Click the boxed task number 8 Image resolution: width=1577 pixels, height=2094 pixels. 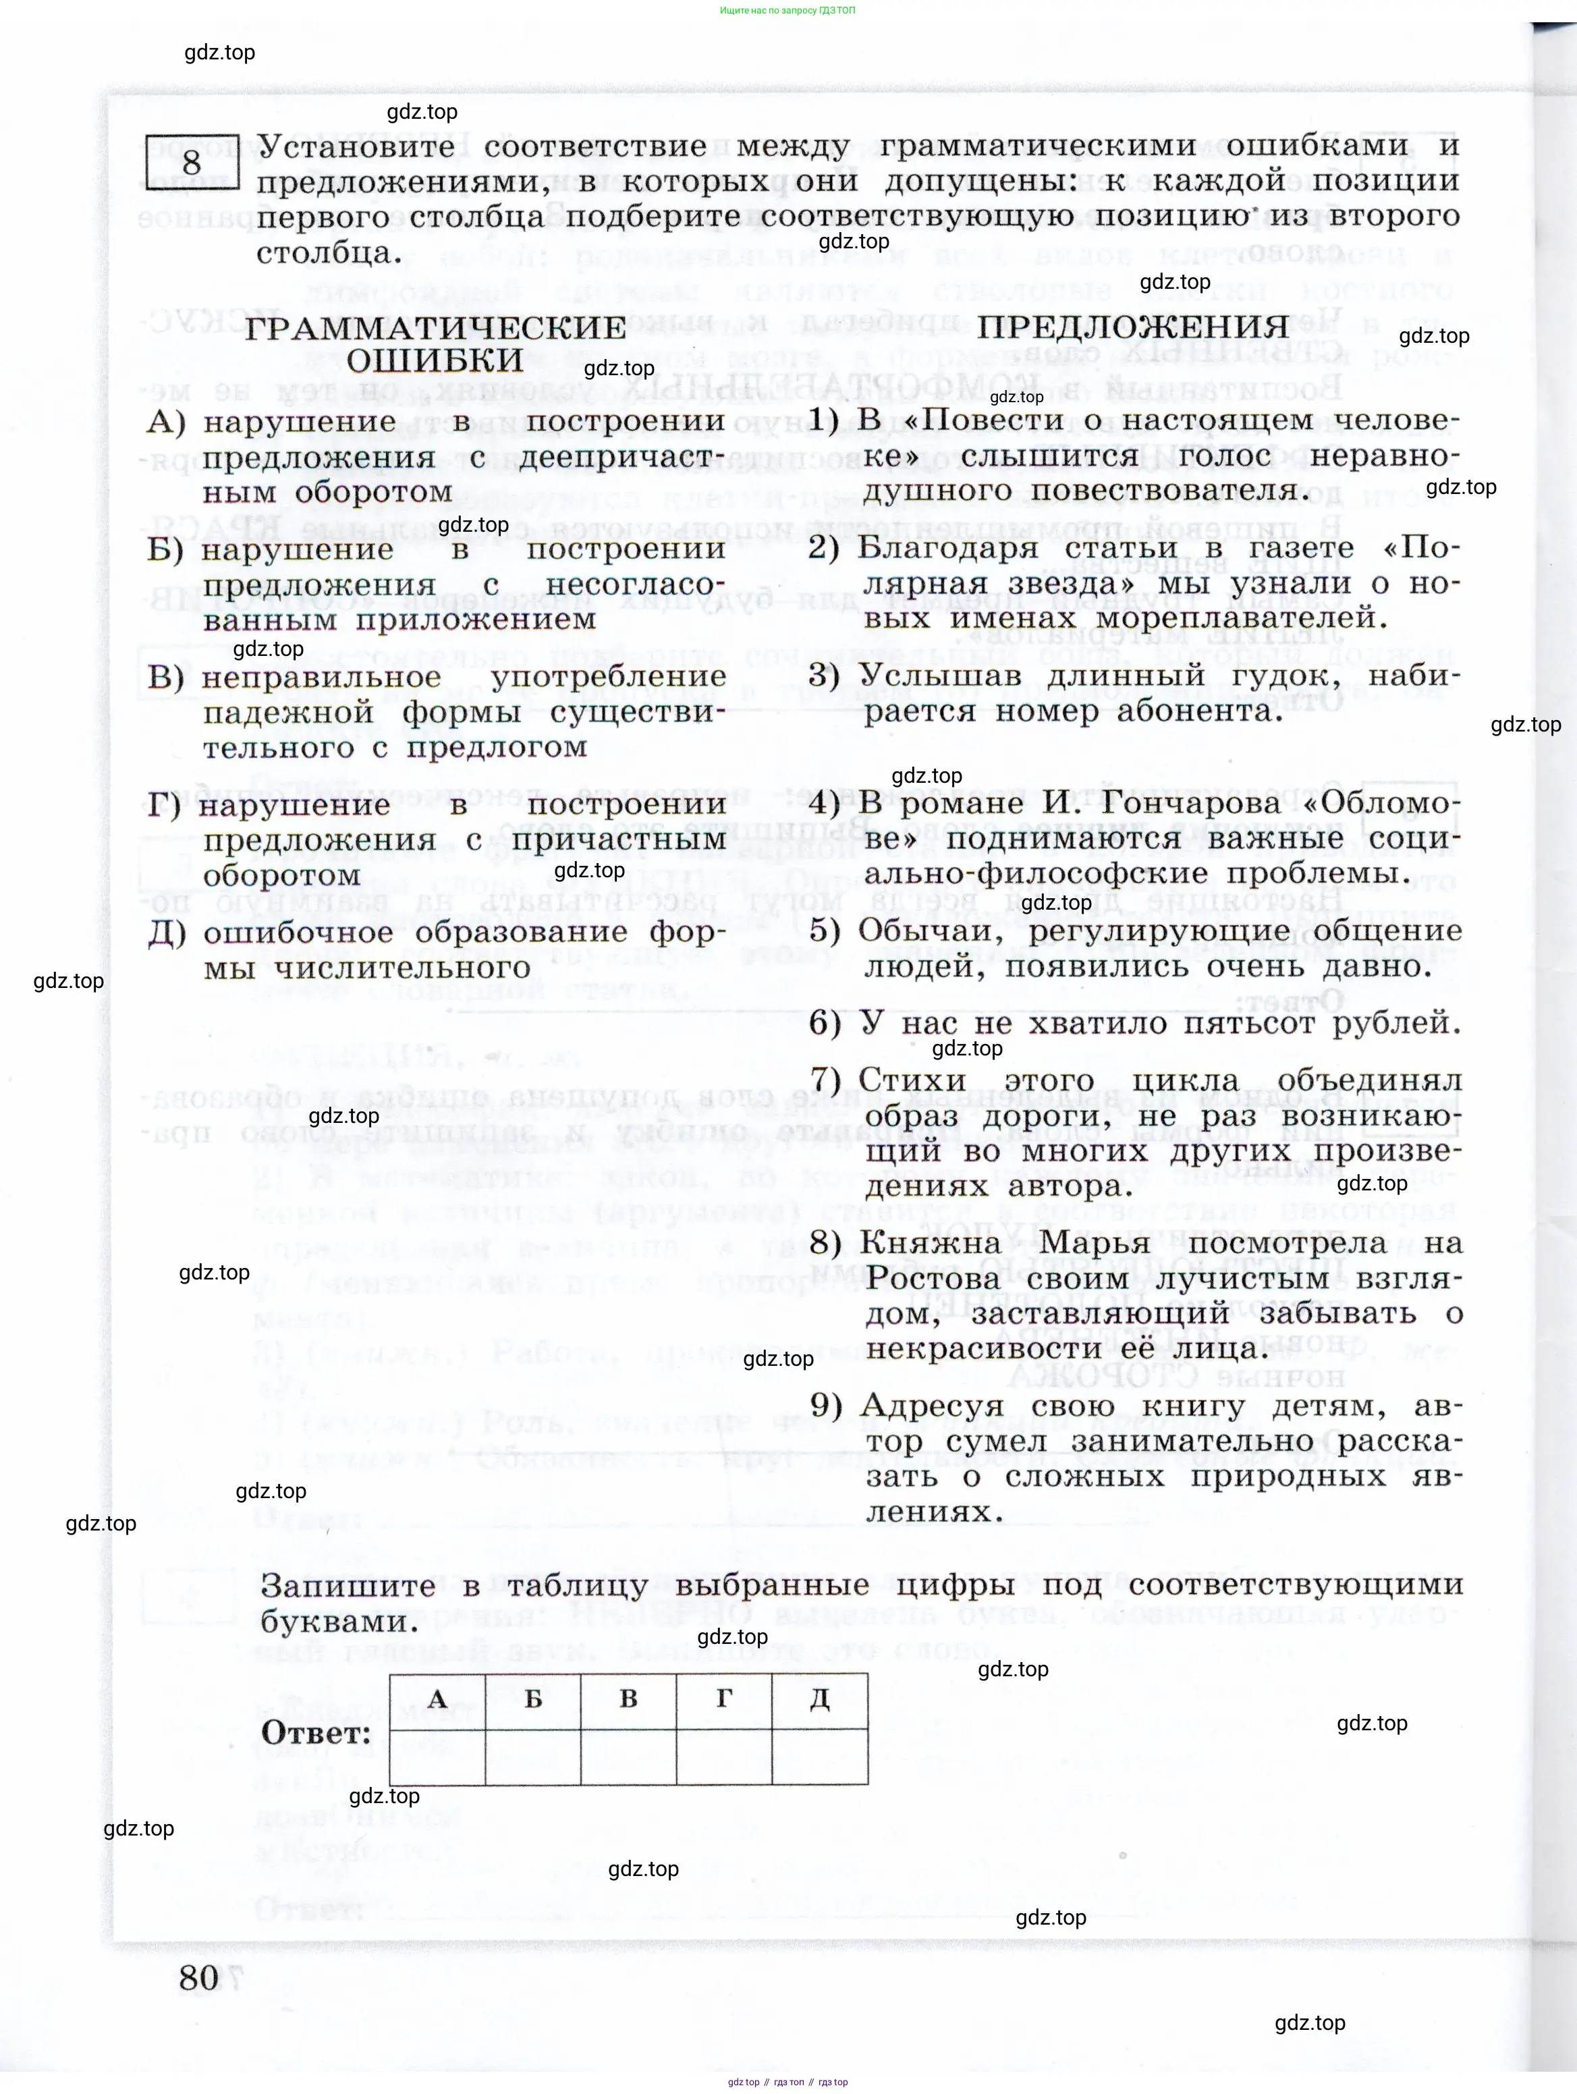(192, 163)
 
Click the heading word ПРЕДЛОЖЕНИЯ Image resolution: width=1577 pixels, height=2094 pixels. (1133, 327)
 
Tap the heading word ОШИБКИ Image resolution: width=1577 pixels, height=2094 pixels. (435, 360)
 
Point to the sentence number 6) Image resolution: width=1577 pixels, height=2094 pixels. (825, 1023)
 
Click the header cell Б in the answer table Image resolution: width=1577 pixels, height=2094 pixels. (533, 1699)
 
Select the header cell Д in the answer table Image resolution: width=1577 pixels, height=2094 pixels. (819, 1699)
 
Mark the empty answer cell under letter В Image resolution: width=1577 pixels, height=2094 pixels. (628, 1756)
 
